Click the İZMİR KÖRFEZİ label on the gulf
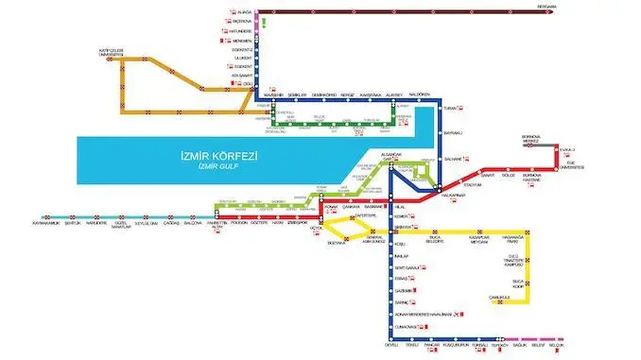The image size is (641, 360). coord(225,156)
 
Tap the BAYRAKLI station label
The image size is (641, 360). coord(457,132)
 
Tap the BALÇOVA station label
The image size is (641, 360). coord(191,223)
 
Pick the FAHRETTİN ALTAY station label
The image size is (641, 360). coord(217,225)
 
